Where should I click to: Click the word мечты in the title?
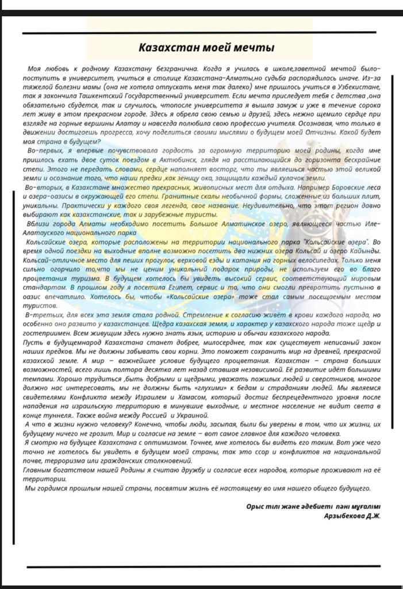[x=254, y=47]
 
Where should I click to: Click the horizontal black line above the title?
[x=199, y=33]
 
